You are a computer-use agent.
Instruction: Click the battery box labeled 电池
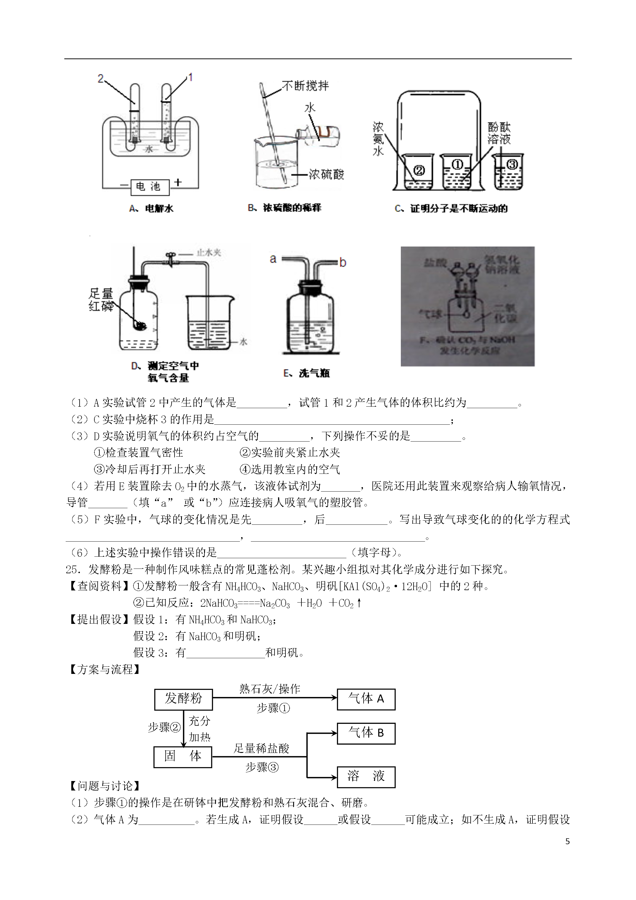coord(150,187)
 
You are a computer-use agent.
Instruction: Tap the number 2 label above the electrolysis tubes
coord(101,79)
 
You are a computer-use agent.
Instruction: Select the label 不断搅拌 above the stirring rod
coord(305,86)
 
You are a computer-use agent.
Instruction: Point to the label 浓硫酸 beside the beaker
coord(326,174)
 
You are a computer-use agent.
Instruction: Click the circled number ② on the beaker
coord(419,170)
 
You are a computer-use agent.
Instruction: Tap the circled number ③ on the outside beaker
coord(512,165)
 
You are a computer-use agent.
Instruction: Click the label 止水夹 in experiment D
coord(209,252)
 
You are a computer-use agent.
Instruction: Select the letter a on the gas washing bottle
coord(273,259)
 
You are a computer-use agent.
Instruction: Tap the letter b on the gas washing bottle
coord(343,262)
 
